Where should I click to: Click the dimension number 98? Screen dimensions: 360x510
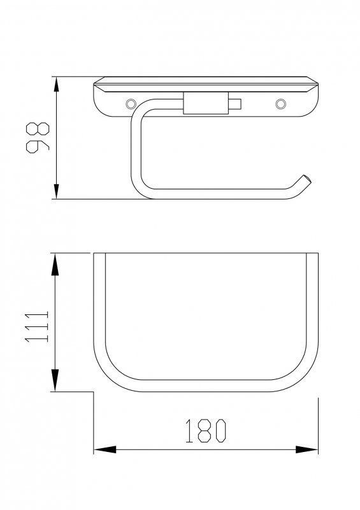click(x=38, y=138)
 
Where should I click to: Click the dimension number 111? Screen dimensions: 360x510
click(x=37, y=326)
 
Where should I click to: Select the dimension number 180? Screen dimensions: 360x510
click(x=206, y=431)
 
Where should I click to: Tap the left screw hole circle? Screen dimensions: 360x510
click(x=131, y=104)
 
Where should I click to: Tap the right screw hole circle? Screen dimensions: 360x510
click(x=280, y=104)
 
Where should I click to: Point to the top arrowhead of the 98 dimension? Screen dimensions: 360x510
click(x=57, y=85)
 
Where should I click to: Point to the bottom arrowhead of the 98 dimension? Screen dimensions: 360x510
click(x=57, y=191)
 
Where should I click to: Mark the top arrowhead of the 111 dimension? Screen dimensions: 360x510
click(x=55, y=265)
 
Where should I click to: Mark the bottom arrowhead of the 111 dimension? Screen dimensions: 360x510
click(x=55, y=380)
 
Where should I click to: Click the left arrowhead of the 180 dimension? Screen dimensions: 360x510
click(x=105, y=450)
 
